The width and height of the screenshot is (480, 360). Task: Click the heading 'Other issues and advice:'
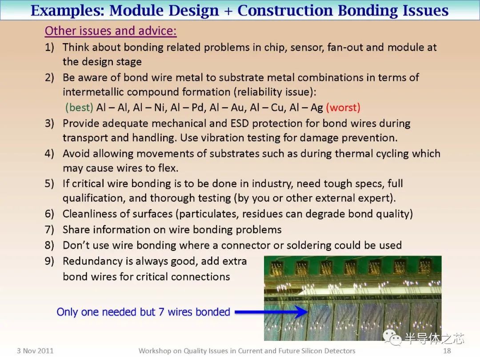[x=111, y=31]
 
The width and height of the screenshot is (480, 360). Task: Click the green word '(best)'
[x=79, y=108]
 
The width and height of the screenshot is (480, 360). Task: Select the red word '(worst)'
[x=343, y=108]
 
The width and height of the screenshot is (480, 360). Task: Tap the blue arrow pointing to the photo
[x=271, y=312]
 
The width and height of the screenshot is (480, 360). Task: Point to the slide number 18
[x=447, y=351]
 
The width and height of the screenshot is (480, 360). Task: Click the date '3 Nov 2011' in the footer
[x=35, y=351]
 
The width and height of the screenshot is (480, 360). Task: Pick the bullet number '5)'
[x=49, y=184]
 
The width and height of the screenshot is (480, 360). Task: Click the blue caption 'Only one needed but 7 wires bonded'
[x=143, y=312]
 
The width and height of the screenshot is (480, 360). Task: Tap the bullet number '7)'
[x=49, y=230]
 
